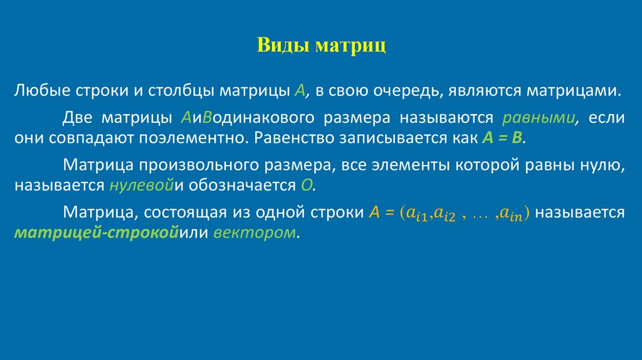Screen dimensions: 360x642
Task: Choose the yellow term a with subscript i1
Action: click(x=417, y=214)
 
